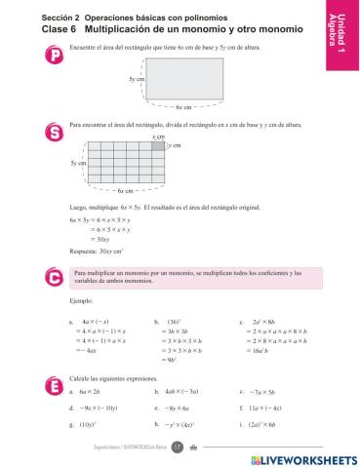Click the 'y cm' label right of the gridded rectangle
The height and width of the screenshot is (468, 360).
(x=175, y=145)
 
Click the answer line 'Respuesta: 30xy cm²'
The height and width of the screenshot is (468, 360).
(x=95, y=251)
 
